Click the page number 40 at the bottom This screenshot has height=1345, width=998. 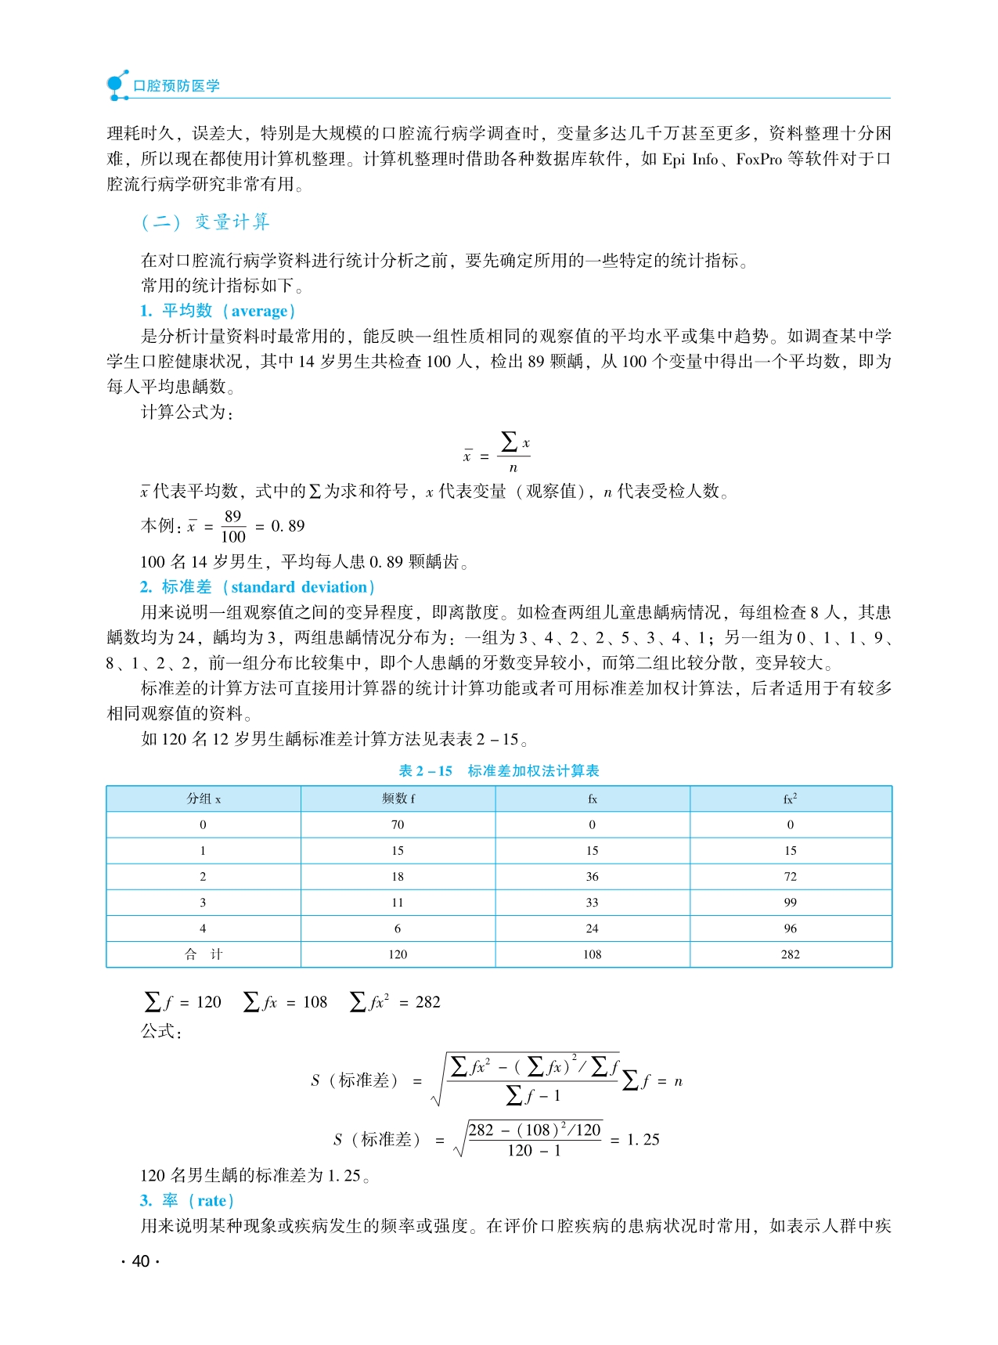pos(141,1261)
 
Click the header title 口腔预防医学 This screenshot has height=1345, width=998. pos(176,86)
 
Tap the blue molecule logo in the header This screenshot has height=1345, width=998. pos(117,85)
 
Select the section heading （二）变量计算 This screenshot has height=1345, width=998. pos(205,222)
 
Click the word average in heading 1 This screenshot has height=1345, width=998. pos(260,311)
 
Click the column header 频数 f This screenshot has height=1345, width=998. pos(398,799)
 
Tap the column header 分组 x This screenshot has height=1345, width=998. pos(204,799)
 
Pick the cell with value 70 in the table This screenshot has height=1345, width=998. pos(398,825)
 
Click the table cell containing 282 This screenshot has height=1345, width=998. pos(791,954)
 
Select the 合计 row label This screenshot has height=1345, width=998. pos(204,954)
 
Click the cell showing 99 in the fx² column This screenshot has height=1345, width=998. pos(791,903)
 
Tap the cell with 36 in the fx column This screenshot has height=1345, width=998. pos(593,877)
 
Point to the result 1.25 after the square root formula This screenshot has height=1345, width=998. pos(643,1140)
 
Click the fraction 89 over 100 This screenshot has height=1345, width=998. pos(233,527)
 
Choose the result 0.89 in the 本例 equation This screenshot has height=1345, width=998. pos(288,526)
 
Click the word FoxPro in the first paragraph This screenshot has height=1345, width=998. pos(758,159)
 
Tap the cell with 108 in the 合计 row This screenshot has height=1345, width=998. pos(593,954)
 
